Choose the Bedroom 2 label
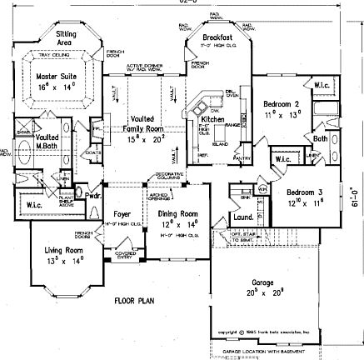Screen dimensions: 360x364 pyautogui.click(x=281, y=103)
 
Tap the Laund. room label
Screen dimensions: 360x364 pyautogui.click(x=244, y=217)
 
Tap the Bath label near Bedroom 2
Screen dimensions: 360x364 pyautogui.click(x=321, y=138)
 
